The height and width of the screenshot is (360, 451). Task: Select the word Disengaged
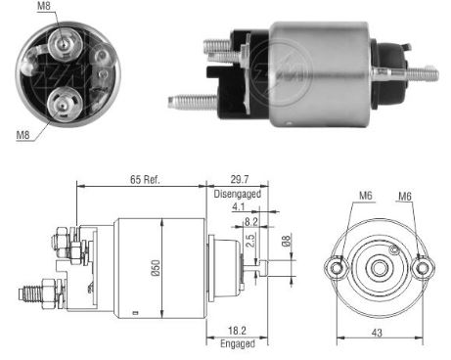[236, 194]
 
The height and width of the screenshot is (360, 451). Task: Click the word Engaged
[237, 344]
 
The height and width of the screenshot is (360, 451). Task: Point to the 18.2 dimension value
[237, 333]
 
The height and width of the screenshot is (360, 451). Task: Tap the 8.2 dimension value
[251, 223]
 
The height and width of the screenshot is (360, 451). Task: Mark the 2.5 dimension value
[249, 240]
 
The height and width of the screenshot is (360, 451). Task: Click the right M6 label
[404, 196]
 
